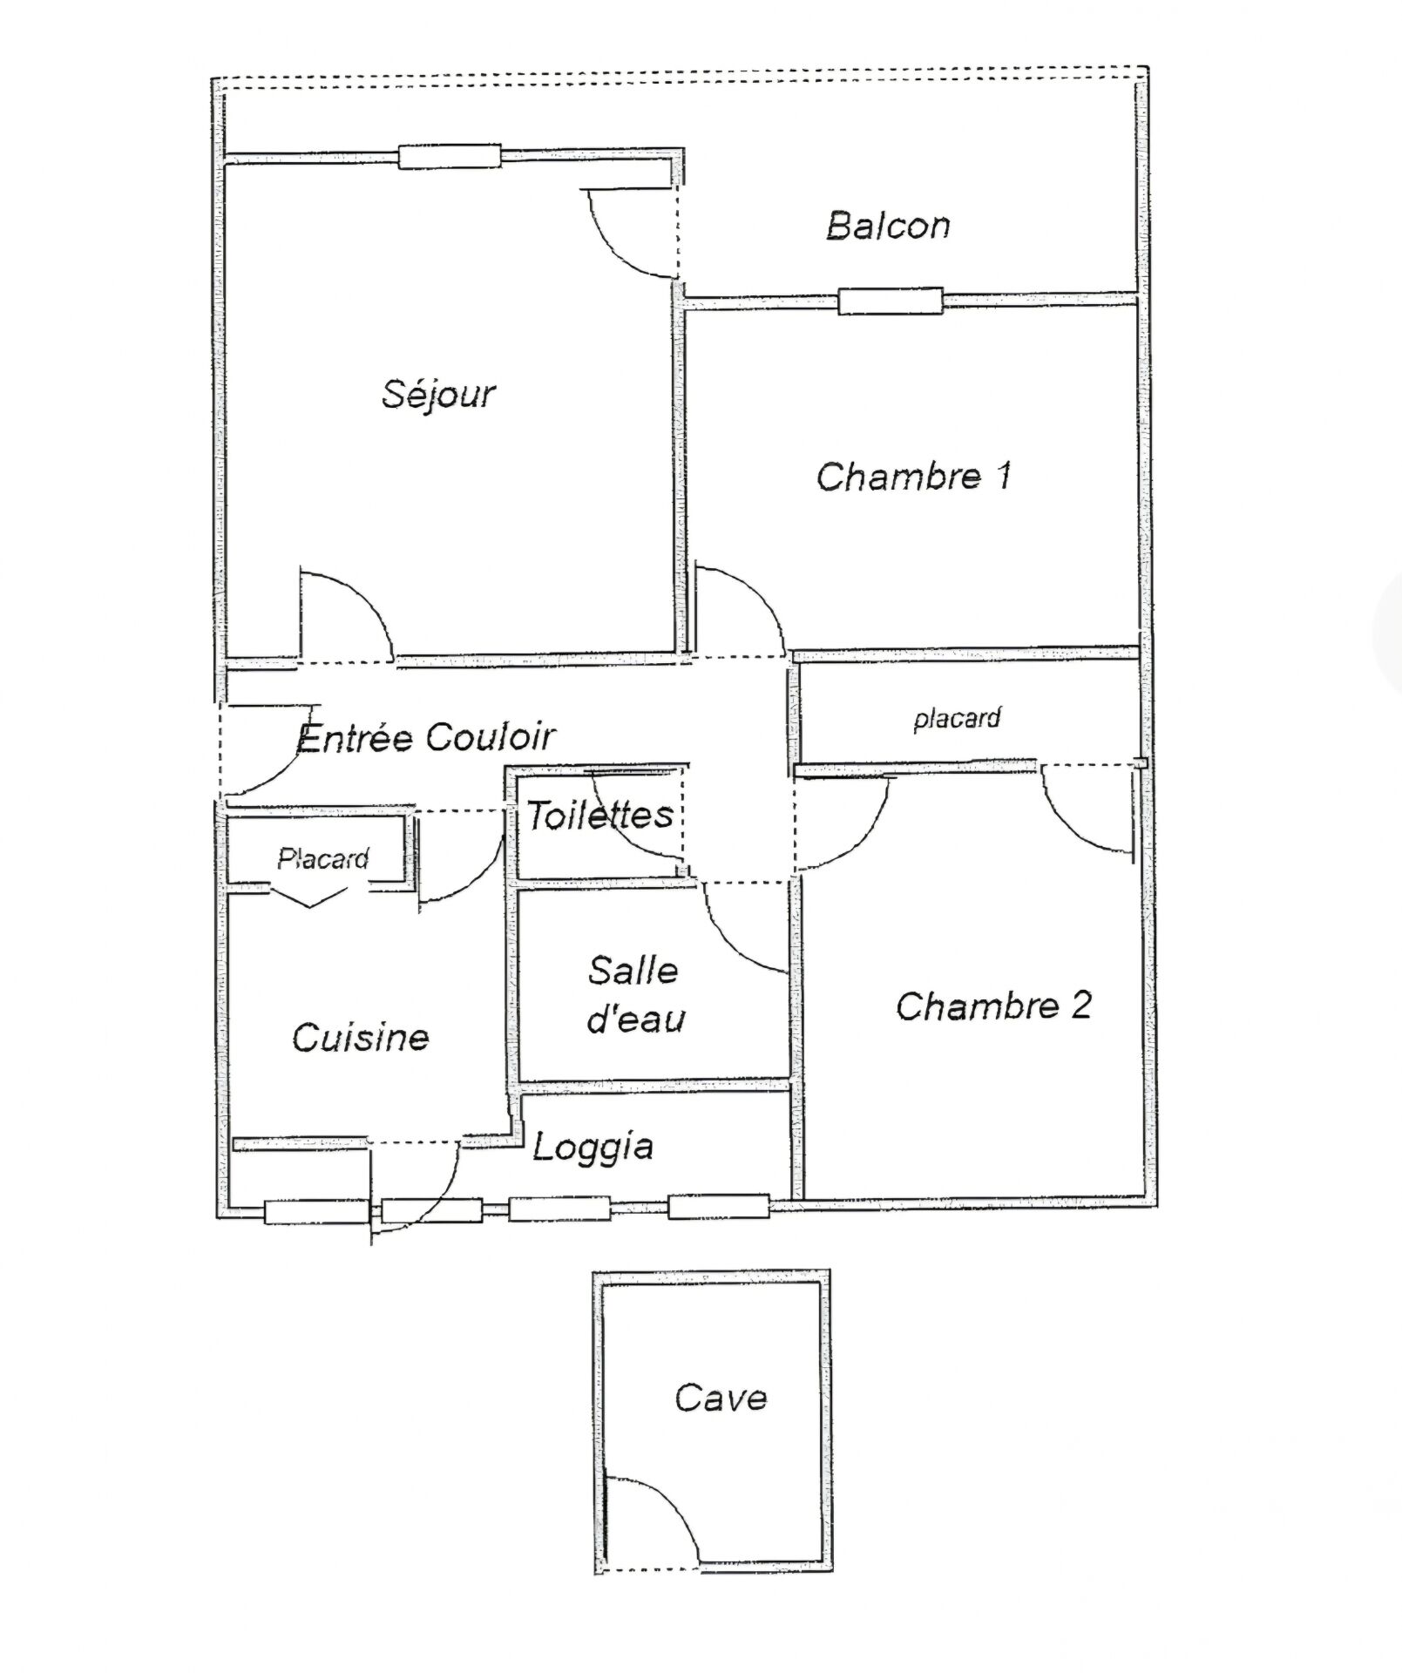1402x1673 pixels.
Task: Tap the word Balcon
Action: pyautogui.click(x=888, y=226)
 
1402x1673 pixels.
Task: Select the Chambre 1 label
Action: pyautogui.click(x=914, y=477)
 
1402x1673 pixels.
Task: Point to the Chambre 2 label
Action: pyautogui.click(x=993, y=1006)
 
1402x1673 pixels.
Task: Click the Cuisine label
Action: pyautogui.click(x=361, y=1037)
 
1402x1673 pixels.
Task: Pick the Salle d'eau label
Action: pyautogui.click(x=635, y=994)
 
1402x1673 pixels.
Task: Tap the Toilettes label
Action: pyautogui.click(x=600, y=815)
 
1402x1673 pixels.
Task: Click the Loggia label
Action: pyautogui.click(x=593, y=1148)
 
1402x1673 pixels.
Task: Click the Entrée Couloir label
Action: pyautogui.click(x=426, y=737)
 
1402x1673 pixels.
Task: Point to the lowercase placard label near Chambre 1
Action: pyautogui.click(x=957, y=719)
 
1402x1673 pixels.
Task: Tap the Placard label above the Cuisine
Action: pyautogui.click(x=323, y=859)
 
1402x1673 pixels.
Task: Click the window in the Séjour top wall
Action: pyautogui.click(x=450, y=157)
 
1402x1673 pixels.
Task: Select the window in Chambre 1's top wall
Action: pyautogui.click(x=891, y=301)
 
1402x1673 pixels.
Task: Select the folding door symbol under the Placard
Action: pyautogui.click(x=310, y=897)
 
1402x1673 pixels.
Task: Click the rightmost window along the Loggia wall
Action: pyautogui.click(x=719, y=1207)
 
